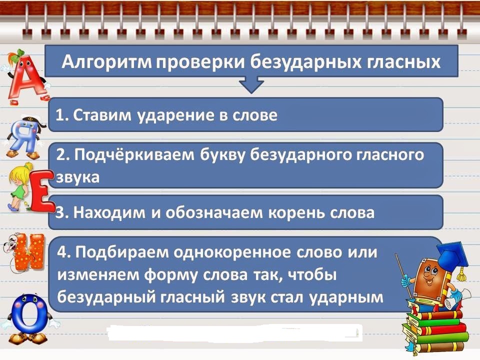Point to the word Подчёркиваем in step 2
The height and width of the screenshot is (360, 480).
click(134, 155)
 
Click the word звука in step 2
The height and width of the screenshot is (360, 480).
click(78, 177)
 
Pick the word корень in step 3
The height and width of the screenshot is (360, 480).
click(294, 212)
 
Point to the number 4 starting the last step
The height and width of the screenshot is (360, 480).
click(62, 252)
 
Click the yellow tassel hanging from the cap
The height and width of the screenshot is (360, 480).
click(462, 272)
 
